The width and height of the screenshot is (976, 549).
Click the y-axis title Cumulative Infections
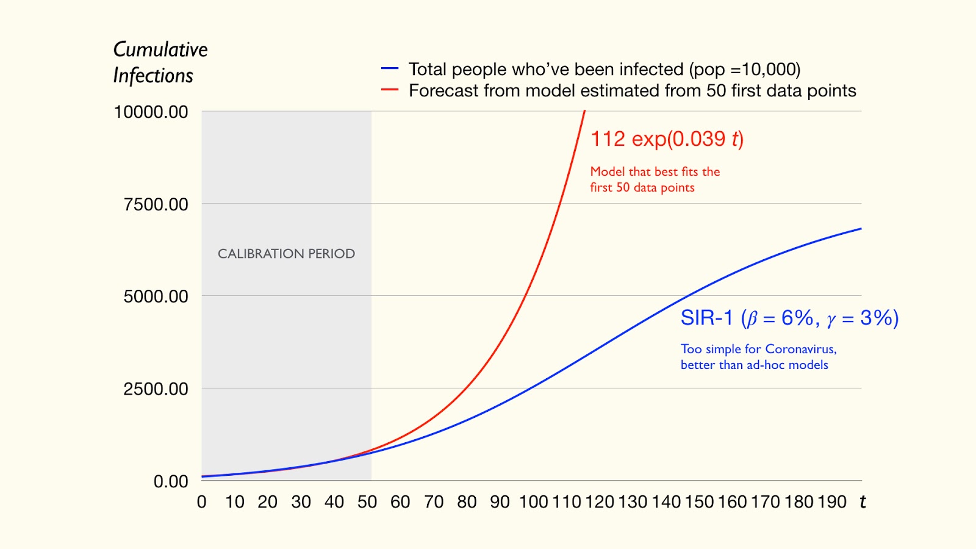point(160,62)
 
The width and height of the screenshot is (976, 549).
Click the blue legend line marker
point(390,69)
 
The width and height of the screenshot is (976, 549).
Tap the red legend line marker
point(390,90)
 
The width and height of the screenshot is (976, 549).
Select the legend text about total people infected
point(604,69)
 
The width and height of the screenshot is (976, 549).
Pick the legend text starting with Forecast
point(632,90)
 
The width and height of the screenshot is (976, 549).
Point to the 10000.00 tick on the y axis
point(151,112)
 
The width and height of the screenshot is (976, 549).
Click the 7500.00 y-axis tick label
point(156,204)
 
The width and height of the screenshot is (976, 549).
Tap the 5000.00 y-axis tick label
point(156,296)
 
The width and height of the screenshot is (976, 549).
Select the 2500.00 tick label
point(156,389)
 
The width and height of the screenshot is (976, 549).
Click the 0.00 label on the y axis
point(171,481)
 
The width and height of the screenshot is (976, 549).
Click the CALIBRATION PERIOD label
point(286,254)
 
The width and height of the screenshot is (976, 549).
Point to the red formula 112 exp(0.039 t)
point(667,139)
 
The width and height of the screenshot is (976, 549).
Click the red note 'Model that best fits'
point(655,179)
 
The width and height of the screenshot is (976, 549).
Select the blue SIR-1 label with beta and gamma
point(789,318)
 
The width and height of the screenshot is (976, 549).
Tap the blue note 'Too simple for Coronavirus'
point(758,357)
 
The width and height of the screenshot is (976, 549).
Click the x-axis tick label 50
point(367,502)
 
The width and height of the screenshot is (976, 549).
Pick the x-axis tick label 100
point(533,502)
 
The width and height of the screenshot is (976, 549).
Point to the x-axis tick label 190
point(832,502)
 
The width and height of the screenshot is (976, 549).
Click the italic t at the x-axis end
point(863,502)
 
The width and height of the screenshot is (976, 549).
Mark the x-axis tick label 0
point(202,502)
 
